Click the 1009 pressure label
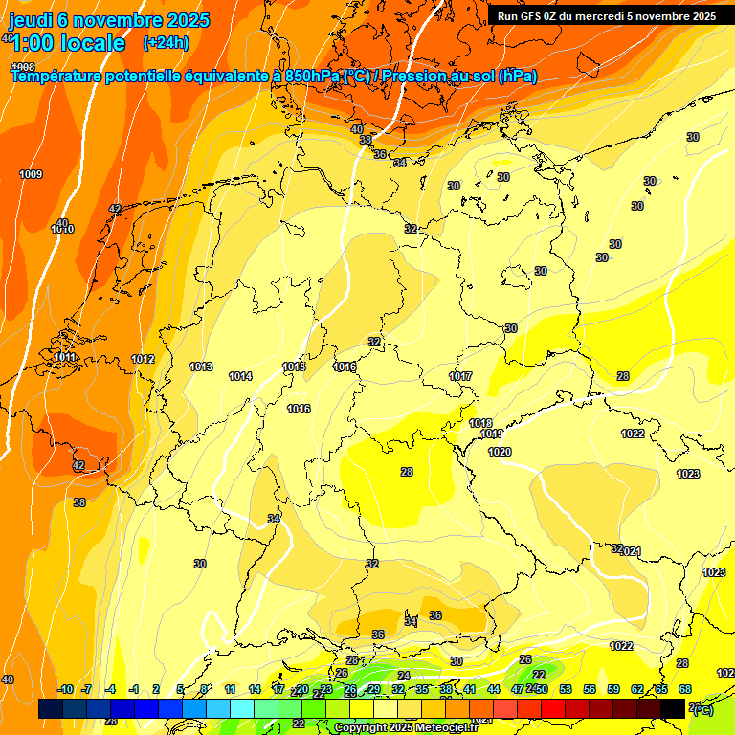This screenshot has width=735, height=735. (x=31, y=174)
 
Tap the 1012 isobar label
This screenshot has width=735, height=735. (x=144, y=359)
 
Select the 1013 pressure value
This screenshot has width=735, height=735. (x=201, y=367)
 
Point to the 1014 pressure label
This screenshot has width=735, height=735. (x=240, y=376)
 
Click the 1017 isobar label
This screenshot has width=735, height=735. (x=460, y=376)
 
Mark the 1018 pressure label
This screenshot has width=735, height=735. (x=480, y=423)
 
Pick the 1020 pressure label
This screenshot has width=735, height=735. (x=500, y=452)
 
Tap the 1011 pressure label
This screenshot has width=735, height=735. (x=64, y=357)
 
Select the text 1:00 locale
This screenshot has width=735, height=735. (x=68, y=43)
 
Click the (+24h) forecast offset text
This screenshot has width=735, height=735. (x=166, y=43)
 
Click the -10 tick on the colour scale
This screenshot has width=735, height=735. (x=65, y=689)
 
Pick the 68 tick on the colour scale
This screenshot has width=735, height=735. (x=685, y=689)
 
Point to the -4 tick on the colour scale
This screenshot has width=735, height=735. (x=110, y=689)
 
